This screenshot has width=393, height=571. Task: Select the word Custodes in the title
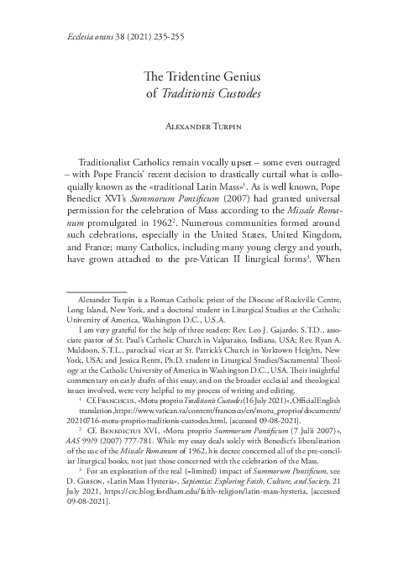tap(238, 92)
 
